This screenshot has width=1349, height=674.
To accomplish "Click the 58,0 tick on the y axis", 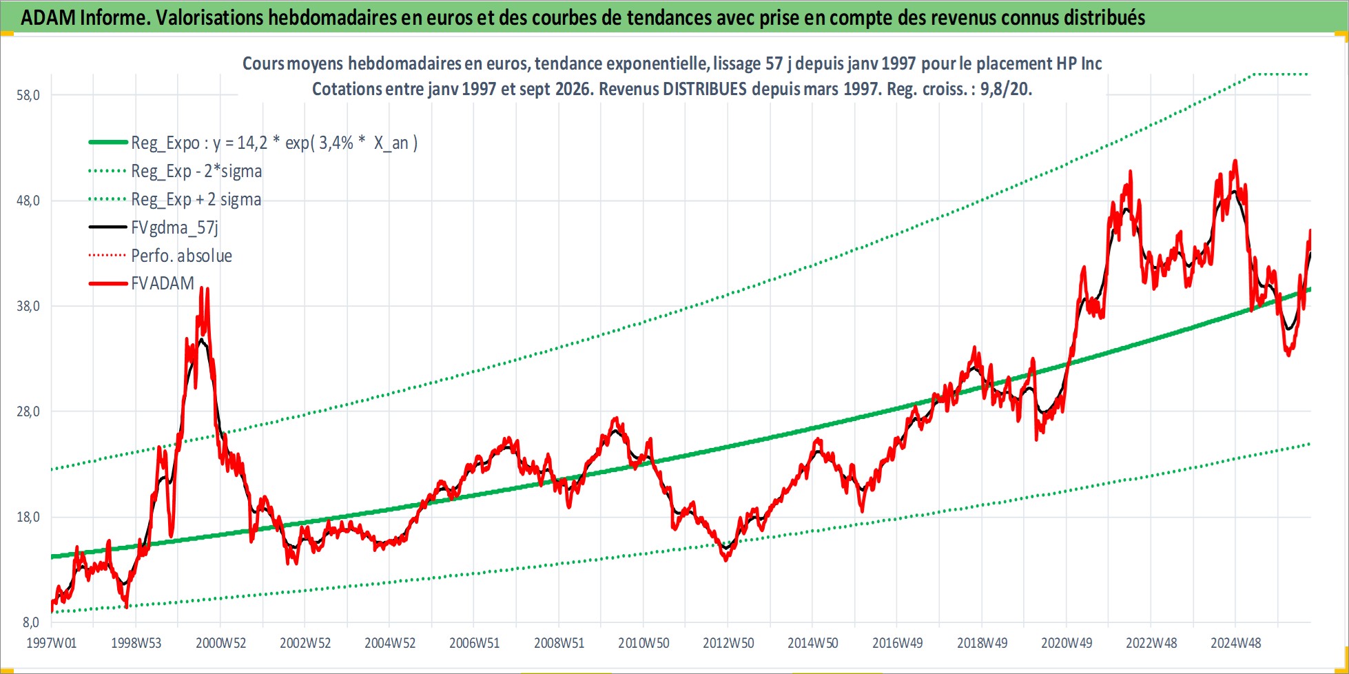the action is [28, 95].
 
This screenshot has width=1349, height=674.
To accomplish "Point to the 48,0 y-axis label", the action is [28, 201].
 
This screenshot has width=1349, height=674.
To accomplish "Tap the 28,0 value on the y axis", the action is [28, 411].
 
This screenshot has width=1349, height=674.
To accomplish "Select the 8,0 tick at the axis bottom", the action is [31, 622].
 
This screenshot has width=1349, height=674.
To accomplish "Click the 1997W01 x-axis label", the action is [52, 643].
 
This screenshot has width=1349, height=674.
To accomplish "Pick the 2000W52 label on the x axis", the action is [220, 643].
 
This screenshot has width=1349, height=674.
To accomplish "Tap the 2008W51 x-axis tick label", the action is [559, 643].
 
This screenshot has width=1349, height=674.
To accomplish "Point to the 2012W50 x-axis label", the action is [728, 643].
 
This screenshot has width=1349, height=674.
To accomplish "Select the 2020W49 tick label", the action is [1067, 643].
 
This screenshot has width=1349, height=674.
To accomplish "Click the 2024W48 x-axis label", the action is [1236, 643].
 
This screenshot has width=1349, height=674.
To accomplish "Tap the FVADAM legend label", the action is [163, 283].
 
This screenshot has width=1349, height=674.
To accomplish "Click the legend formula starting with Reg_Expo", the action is [274, 143].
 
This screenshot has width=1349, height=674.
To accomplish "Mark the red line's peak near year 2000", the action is [201, 287].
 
